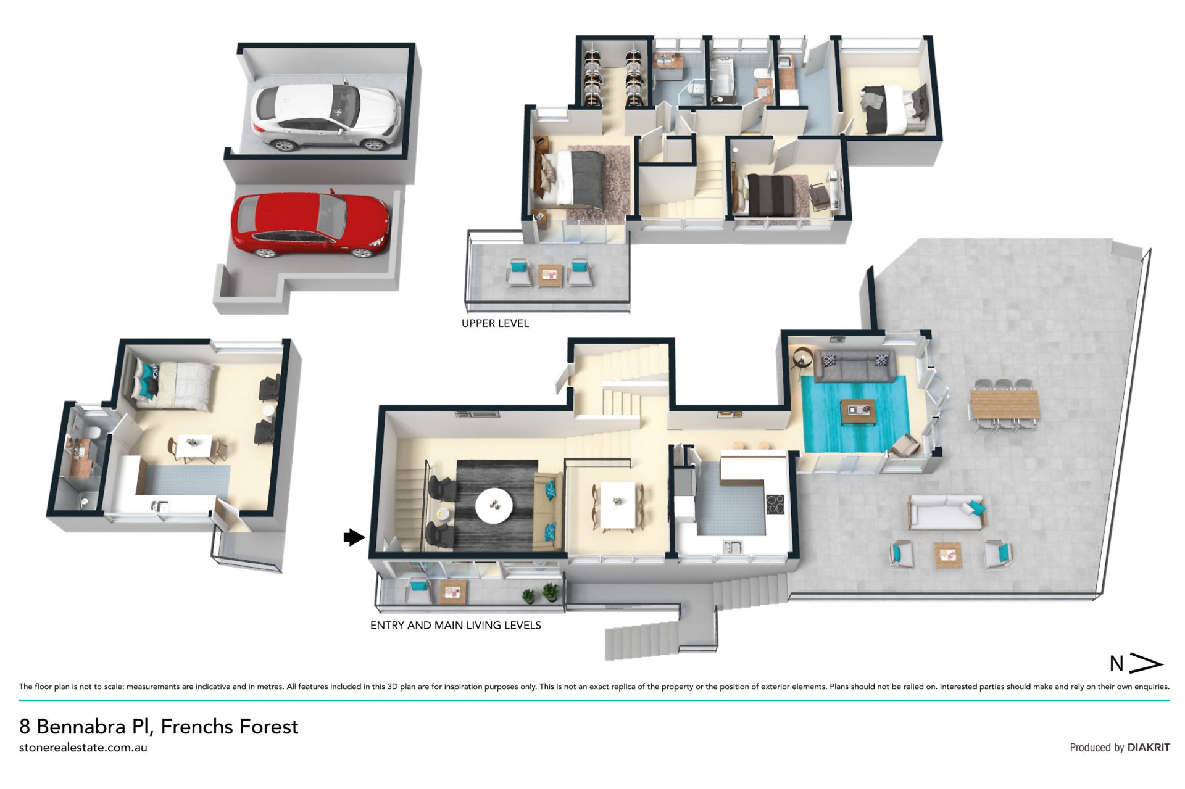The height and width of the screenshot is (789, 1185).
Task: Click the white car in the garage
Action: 325,117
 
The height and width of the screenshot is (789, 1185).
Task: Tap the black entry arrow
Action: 354,537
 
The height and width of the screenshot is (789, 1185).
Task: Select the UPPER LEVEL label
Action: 495,323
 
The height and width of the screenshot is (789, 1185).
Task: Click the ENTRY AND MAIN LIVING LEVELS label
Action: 455,625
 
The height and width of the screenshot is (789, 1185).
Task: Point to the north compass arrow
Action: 1146,664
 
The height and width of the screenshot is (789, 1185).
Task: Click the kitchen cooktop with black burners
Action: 775,504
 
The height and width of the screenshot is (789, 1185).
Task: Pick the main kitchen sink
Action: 733,546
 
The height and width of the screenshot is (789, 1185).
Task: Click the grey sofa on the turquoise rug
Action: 854,365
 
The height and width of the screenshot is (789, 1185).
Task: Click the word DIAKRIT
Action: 1149,747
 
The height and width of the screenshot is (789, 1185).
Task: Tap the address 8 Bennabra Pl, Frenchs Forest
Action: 159,727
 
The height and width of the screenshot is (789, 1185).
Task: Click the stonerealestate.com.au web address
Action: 83,748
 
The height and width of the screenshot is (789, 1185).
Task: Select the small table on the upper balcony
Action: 551,275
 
